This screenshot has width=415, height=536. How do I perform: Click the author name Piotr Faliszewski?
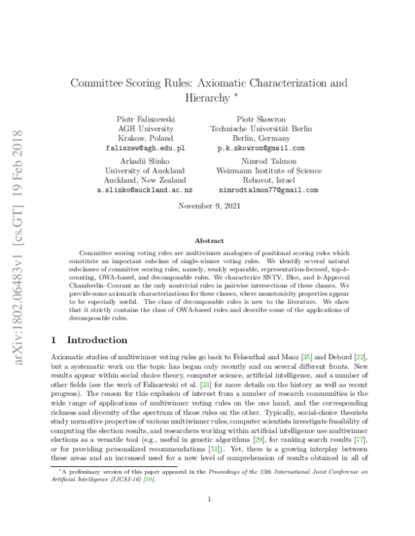pos(144,119)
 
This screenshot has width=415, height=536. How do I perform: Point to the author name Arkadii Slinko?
pos(144,160)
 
